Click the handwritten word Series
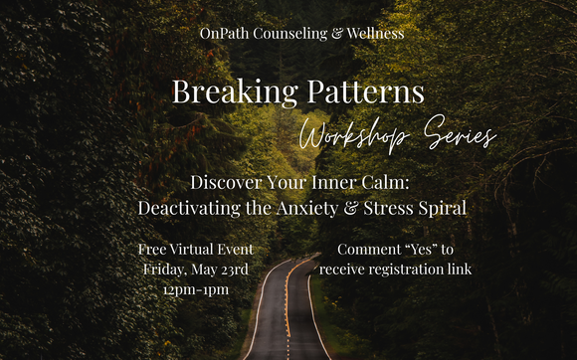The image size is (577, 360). (x=462, y=135)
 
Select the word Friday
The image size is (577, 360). (x=162, y=269)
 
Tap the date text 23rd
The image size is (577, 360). (x=232, y=269)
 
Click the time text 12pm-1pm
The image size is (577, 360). (x=195, y=289)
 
